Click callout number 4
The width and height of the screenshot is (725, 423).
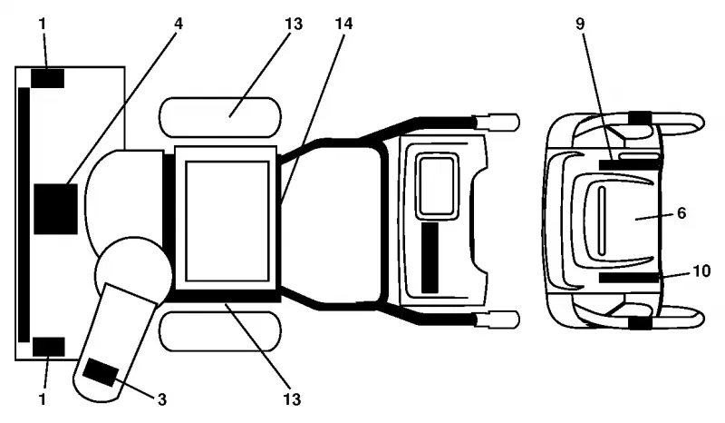179,24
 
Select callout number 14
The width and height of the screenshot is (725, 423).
343,24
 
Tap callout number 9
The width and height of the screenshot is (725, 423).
580,24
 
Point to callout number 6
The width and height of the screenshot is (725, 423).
681,212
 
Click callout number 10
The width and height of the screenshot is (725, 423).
701,271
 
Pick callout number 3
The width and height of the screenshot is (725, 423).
162,398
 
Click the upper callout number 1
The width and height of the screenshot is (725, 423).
43,24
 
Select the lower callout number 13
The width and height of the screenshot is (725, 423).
292,398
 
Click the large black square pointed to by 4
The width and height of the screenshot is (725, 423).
56,209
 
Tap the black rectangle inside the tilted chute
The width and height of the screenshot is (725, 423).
101,372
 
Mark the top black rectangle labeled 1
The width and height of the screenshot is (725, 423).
48,78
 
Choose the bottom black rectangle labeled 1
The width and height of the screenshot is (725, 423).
49,347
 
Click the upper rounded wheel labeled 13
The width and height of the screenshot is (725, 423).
220,117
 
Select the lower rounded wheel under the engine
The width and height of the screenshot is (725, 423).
220,331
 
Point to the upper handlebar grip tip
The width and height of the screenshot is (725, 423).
518,123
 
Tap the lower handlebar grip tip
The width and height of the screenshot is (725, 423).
518,320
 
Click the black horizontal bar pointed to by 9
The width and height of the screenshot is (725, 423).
629,164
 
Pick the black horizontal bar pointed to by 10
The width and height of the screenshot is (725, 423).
629,278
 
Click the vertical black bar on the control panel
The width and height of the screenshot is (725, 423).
430,258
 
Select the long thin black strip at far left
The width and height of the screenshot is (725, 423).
24,215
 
